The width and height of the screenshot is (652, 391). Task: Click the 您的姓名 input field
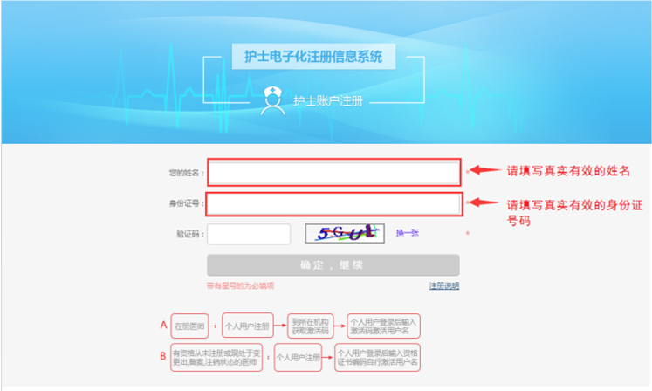(x=333, y=173)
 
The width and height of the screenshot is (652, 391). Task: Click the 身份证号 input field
(x=333, y=204)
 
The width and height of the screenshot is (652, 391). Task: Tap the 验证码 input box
(x=248, y=234)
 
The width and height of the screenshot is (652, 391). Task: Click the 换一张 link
(x=408, y=233)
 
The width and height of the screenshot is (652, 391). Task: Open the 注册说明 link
(x=443, y=285)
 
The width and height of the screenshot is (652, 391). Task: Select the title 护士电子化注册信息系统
(x=313, y=58)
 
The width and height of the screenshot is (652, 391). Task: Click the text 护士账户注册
(x=327, y=101)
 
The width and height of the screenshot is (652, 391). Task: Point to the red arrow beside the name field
(x=484, y=171)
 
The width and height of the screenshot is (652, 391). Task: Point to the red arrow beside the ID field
(x=484, y=202)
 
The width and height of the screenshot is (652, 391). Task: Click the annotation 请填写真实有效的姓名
(x=568, y=171)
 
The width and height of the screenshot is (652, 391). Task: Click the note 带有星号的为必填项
(x=240, y=285)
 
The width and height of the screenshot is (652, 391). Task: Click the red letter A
(x=162, y=325)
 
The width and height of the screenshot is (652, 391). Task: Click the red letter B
(x=162, y=356)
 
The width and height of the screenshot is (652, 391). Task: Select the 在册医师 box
(x=189, y=326)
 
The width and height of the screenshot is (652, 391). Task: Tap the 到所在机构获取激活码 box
(x=310, y=326)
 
